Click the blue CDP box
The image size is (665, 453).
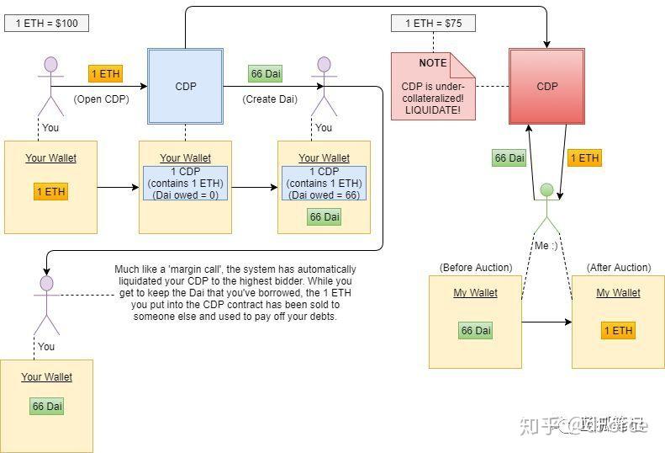[x=185, y=86]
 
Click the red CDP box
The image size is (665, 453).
[x=546, y=86]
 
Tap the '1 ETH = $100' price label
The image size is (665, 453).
[x=47, y=23]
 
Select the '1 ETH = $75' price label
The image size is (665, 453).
[x=433, y=23]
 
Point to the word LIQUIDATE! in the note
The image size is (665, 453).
[x=432, y=111]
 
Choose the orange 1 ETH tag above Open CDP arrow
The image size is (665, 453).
[x=105, y=74]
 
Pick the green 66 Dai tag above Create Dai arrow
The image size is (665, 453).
[x=266, y=74]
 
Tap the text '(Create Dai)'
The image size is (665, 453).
[x=270, y=99]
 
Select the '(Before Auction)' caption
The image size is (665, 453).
[x=475, y=268]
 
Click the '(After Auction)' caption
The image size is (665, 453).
[x=618, y=268]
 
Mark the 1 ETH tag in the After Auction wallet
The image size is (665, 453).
[x=618, y=330]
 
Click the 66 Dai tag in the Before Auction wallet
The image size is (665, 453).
[x=475, y=330]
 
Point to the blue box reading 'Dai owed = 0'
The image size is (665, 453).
[x=185, y=184]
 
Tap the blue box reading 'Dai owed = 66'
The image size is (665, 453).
[x=324, y=184]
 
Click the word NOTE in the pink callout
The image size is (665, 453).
[x=433, y=64]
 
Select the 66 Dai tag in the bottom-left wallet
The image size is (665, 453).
[x=47, y=407]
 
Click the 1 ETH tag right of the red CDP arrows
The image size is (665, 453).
[x=584, y=158]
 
